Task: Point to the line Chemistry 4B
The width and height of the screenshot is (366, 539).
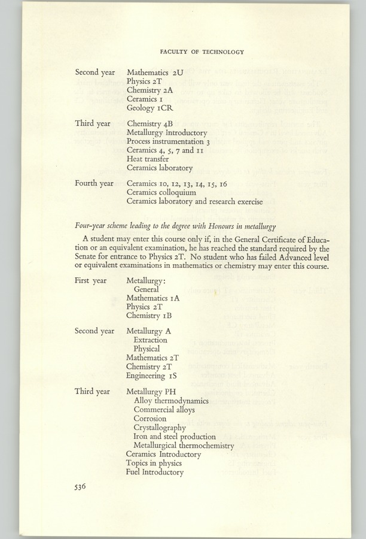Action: coord(150,123)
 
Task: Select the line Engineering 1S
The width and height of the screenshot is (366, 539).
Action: coord(151,376)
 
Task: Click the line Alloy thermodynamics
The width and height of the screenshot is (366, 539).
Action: coord(171,401)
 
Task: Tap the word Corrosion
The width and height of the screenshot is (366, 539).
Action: coord(150,419)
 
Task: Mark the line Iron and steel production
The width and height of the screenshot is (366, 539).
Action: coord(175,437)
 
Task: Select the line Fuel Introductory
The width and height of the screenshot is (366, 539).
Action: coord(154,472)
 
